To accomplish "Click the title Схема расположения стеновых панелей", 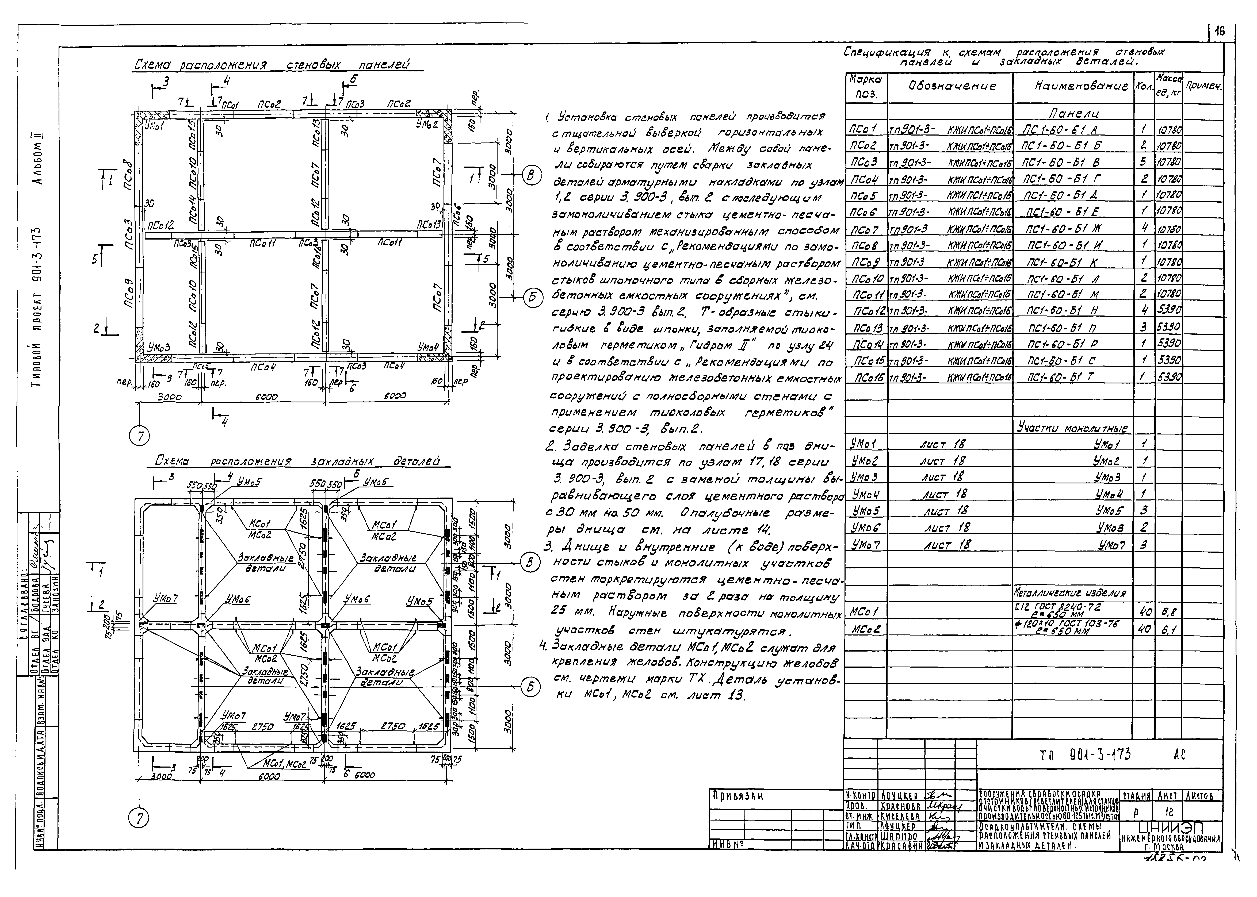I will [272, 65].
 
